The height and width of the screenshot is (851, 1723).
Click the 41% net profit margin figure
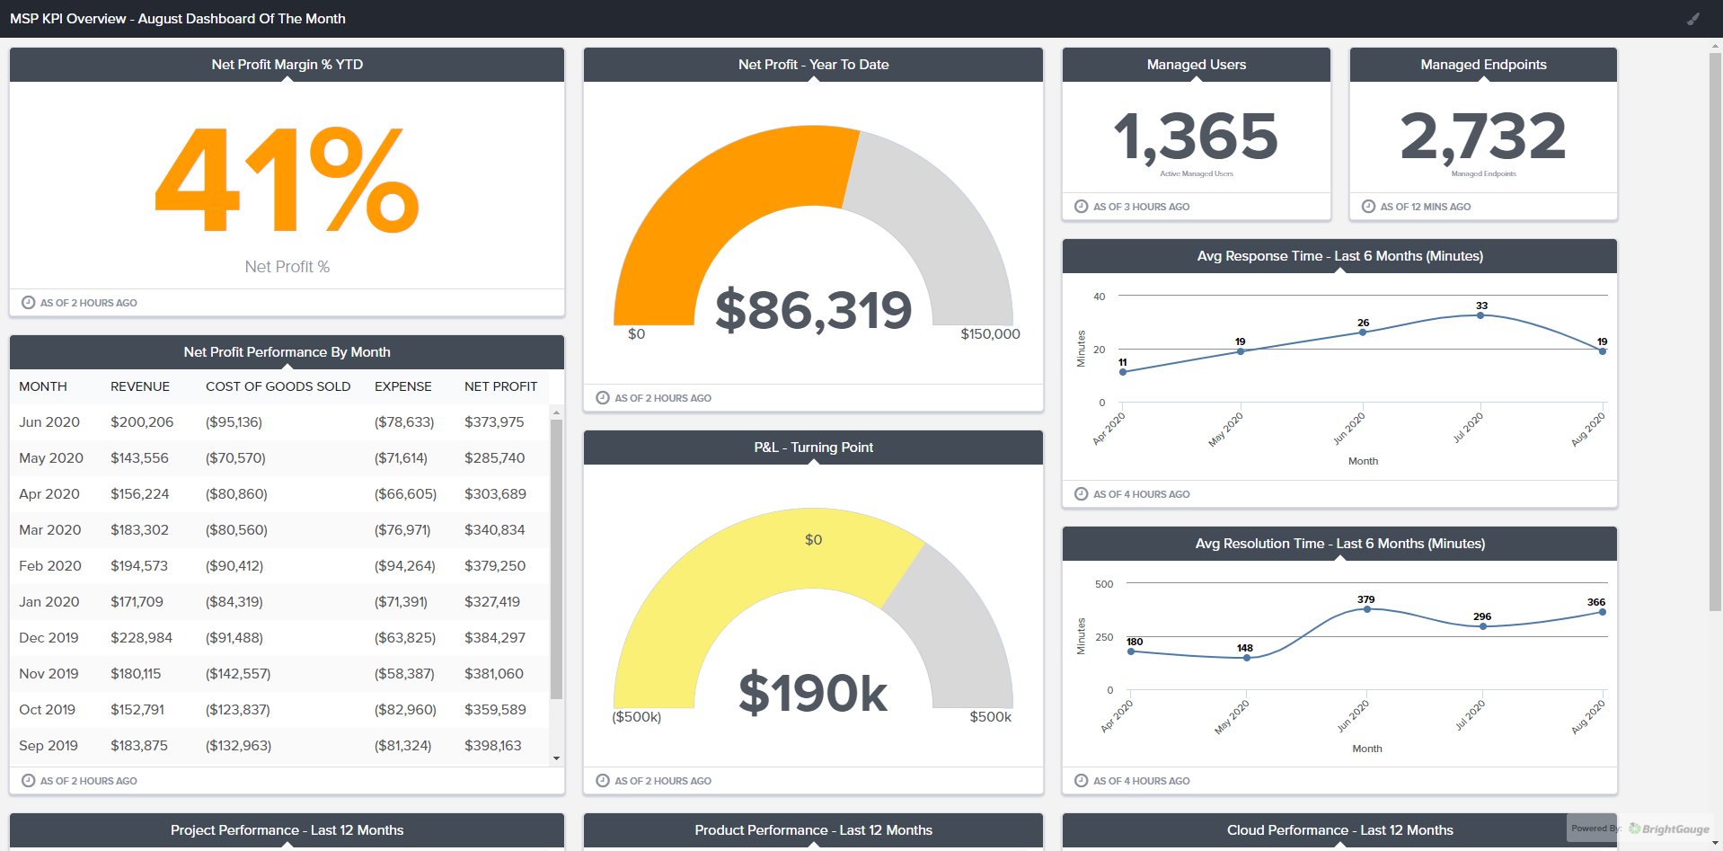[287, 180]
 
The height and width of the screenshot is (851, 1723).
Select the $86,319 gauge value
[813, 310]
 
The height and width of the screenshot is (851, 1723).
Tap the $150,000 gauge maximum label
[990, 334]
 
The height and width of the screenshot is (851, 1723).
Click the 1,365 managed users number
[1196, 137]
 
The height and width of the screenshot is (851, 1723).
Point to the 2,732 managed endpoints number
[1483, 137]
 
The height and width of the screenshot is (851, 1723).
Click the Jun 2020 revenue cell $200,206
[142, 422]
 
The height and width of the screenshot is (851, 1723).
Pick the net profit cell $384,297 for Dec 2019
[494, 638]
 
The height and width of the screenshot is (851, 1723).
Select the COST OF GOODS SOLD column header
[278, 386]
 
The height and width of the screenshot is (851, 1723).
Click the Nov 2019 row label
[49, 674]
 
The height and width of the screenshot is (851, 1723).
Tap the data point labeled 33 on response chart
[1480, 315]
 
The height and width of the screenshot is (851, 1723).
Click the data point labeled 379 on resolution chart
[1367, 609]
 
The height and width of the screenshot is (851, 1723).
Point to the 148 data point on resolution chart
[1247, 658]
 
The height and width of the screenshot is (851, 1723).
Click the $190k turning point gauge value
[813, 694]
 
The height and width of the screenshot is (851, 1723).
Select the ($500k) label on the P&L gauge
[636, 717]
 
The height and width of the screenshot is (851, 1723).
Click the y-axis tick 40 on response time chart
[1100, 297]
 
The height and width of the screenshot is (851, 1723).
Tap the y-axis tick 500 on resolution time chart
[1104, 584]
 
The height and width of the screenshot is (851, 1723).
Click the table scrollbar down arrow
[556, 758]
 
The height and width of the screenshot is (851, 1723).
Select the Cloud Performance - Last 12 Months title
[1339, 830]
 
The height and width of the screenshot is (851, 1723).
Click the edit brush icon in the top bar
[1693, 19]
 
